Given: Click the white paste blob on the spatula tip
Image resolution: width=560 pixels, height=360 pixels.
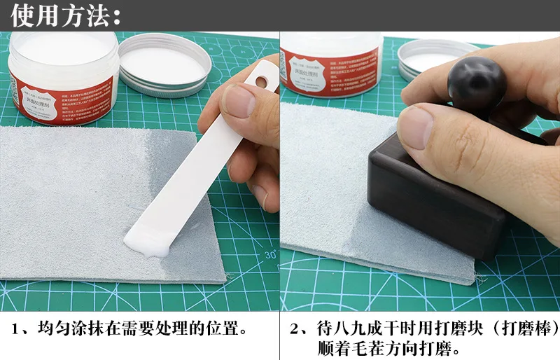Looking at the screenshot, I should (148, 242).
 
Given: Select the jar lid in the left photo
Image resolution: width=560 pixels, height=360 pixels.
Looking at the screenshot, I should (164, 64).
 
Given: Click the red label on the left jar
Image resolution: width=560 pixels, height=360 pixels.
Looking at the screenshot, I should (63, 98).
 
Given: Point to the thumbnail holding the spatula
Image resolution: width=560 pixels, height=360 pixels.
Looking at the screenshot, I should (239, 101).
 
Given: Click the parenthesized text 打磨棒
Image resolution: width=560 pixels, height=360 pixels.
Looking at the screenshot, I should (526, 328).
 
